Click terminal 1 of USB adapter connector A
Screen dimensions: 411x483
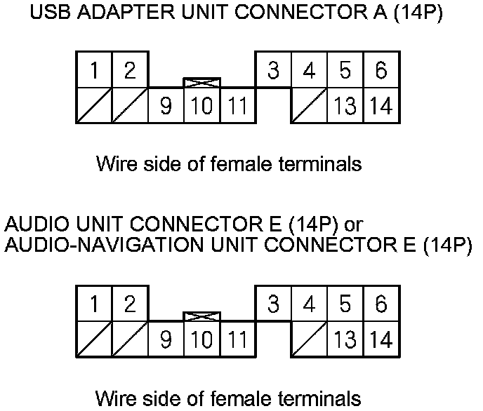click(x=94, y=70)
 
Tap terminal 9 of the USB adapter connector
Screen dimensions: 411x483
click(x=166, y=106)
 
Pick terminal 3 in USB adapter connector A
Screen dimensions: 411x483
click(x=274, y=70)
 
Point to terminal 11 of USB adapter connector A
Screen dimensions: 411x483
click(x=238, y=106)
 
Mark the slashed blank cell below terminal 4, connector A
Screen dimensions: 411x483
click(x=310, y=106)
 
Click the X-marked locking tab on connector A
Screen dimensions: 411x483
click(x=201, y=83)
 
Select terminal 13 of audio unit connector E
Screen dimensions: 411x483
click(x=345, y=339)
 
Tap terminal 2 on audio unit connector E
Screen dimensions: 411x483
click(x=130, y=304)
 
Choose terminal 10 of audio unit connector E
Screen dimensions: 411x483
click(x=201, y=339)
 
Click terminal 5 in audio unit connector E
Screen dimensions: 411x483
click(x=345, y=304)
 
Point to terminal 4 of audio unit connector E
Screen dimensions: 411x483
click(x=310, y=304)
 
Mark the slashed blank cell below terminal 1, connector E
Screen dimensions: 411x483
click(x=94, y=339)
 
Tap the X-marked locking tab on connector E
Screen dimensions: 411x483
click(x=201, y=316)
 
